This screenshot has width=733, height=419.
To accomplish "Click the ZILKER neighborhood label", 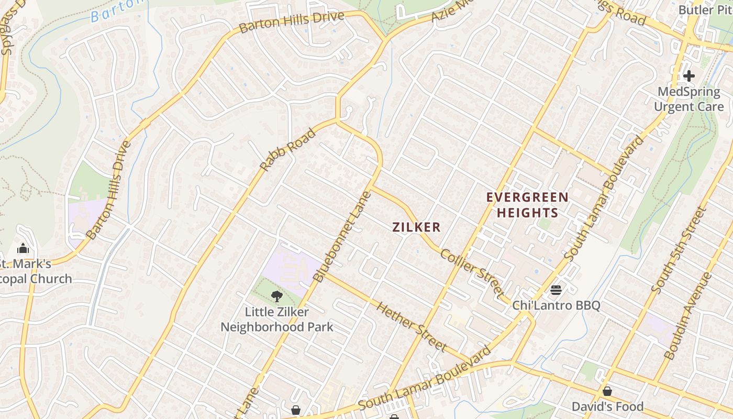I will tap(416, 227).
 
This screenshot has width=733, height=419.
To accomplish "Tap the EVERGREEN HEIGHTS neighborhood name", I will tap(527, 205).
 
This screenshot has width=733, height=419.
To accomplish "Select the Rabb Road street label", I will tap(288, 150).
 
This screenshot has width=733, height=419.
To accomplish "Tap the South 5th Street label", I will tap(679, 250).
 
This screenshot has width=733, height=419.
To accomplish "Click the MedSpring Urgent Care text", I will tap(688, 99).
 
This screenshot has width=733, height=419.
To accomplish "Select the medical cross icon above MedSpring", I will tap(688, 76).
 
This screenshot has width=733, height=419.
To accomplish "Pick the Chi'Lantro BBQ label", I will tap(556, 305).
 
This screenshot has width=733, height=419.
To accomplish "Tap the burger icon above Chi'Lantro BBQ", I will tap(556, 290).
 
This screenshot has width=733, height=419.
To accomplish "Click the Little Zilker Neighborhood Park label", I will tap(276, 319).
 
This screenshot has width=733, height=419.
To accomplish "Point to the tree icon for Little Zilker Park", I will tap(276, 296).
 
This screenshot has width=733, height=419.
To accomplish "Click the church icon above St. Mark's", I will tap(23, 248).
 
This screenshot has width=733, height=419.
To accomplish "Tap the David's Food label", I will tap(607, 406).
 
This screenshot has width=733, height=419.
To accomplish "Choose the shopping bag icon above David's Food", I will tap(607, 391).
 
